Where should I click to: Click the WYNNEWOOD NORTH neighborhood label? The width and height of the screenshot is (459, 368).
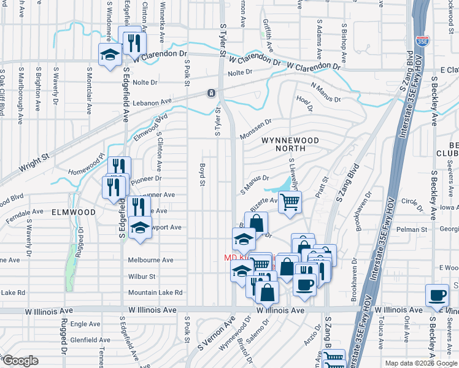pos(290,144)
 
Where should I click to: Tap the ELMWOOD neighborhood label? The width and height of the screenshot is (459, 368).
pos(74,212)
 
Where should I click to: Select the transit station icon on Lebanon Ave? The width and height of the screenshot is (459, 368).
pos(211,93)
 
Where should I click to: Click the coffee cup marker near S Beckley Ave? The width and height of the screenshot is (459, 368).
pos(437,295)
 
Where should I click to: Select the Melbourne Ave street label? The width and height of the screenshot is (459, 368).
pos(150,260)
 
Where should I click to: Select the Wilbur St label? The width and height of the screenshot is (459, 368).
pos(142,277)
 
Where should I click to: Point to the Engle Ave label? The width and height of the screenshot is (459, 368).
pos(86,323)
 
